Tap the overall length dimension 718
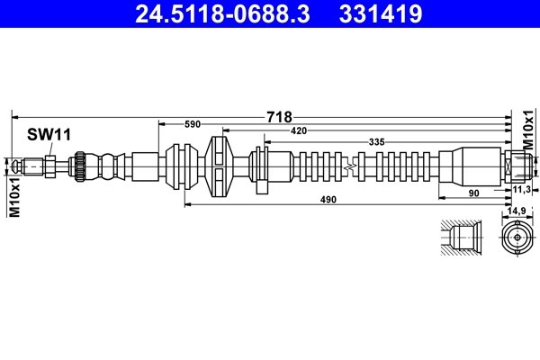(x=279, y=116)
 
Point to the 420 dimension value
(x=299, y=131)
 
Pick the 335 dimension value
(x=377, y=142)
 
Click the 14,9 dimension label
(x=517, y=211)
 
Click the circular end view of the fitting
(x=517, y=238)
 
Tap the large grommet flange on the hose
(x=219, y=166)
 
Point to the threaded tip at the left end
(x=27, y=166)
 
